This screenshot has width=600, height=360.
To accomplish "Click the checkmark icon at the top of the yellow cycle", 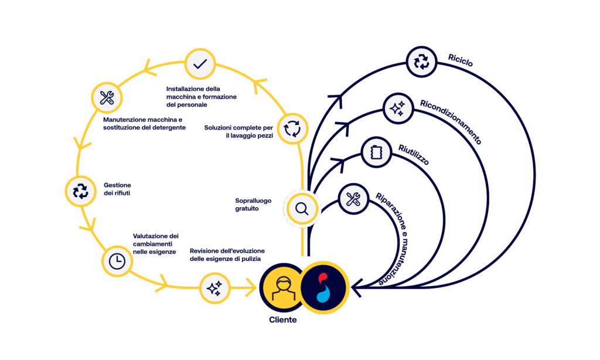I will coord(200,64).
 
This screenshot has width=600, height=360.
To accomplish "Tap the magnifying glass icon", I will coord(302,208).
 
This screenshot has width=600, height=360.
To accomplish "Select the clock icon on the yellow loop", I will coord(117,261).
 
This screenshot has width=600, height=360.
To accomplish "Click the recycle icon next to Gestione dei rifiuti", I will coord(80,191).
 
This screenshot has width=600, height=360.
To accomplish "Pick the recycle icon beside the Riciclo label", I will coord(422,61).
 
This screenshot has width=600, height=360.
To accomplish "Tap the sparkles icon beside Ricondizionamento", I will coord(398,108).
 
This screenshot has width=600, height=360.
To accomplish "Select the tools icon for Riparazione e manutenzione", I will coord(353,199).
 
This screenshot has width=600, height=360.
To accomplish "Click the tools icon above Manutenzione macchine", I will coord(107,98).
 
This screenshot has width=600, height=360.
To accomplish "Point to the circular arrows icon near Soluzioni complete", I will coord(291,128).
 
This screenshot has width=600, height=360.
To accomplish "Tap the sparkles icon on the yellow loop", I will coord(214,288).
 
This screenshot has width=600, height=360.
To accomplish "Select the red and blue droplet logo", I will coord(324,287).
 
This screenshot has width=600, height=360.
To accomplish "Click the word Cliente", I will coord(283,320).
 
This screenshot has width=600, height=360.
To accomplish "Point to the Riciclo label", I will coord(460,59).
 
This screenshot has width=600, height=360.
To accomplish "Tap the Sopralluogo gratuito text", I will coord(253,205).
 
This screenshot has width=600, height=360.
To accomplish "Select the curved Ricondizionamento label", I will coord(451,121).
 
